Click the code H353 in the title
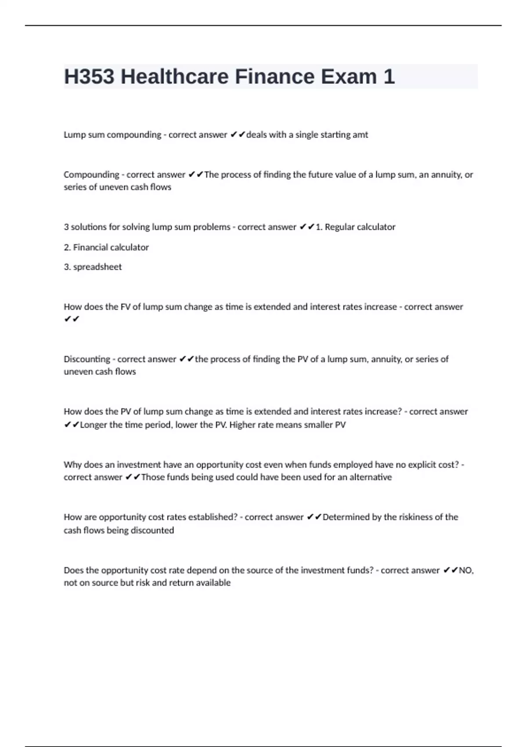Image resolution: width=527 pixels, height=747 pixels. click(x=89, y=77)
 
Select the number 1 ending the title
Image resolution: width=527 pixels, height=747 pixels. click(x=389, y=77)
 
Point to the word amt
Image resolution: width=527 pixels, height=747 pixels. click(x=360, y=135)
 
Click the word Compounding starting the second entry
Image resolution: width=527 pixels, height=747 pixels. click(x=91, y=175)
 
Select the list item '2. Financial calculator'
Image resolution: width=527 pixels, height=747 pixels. click(x=106, y=247)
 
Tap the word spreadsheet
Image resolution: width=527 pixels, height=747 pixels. click(x=97, y=267)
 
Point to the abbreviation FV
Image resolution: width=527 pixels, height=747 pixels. click(x=125, y=307)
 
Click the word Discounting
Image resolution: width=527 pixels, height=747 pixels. click(x=87, y=359)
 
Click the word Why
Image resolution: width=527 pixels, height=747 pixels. click(x=72, y=465)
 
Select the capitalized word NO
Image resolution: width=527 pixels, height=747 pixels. click(x=465, y=570)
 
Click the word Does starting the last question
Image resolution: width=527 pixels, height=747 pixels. click(x=74, y=570)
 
